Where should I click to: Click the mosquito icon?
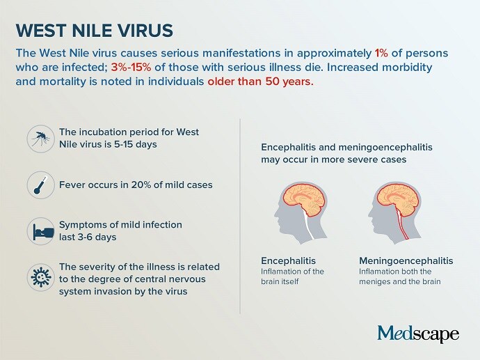pos(41,139)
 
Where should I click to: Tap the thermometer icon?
pos(41,185)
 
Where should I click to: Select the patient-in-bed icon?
pos(41,231)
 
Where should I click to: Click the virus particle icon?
pos(41,277)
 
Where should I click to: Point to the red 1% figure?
pos(381,53)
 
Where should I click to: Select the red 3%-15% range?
pos(131,67)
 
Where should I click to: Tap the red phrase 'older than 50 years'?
pos(260,81)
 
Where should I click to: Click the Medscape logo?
pos(418,334)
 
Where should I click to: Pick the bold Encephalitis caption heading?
pos(288,260)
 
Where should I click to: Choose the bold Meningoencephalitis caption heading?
pos(406,260)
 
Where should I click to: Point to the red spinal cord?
pos(403,224)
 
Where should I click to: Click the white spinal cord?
pos(309,226)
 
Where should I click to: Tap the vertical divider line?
pos(240,217)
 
